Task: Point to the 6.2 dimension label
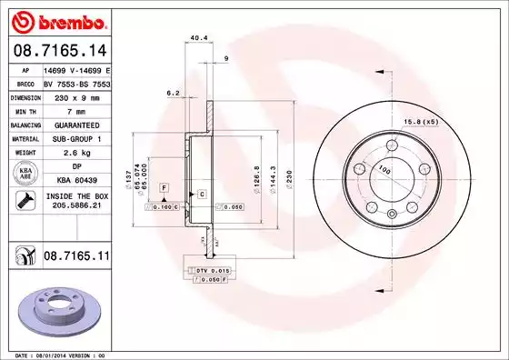[x=172, y=94]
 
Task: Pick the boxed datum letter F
[x=163, y=186]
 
